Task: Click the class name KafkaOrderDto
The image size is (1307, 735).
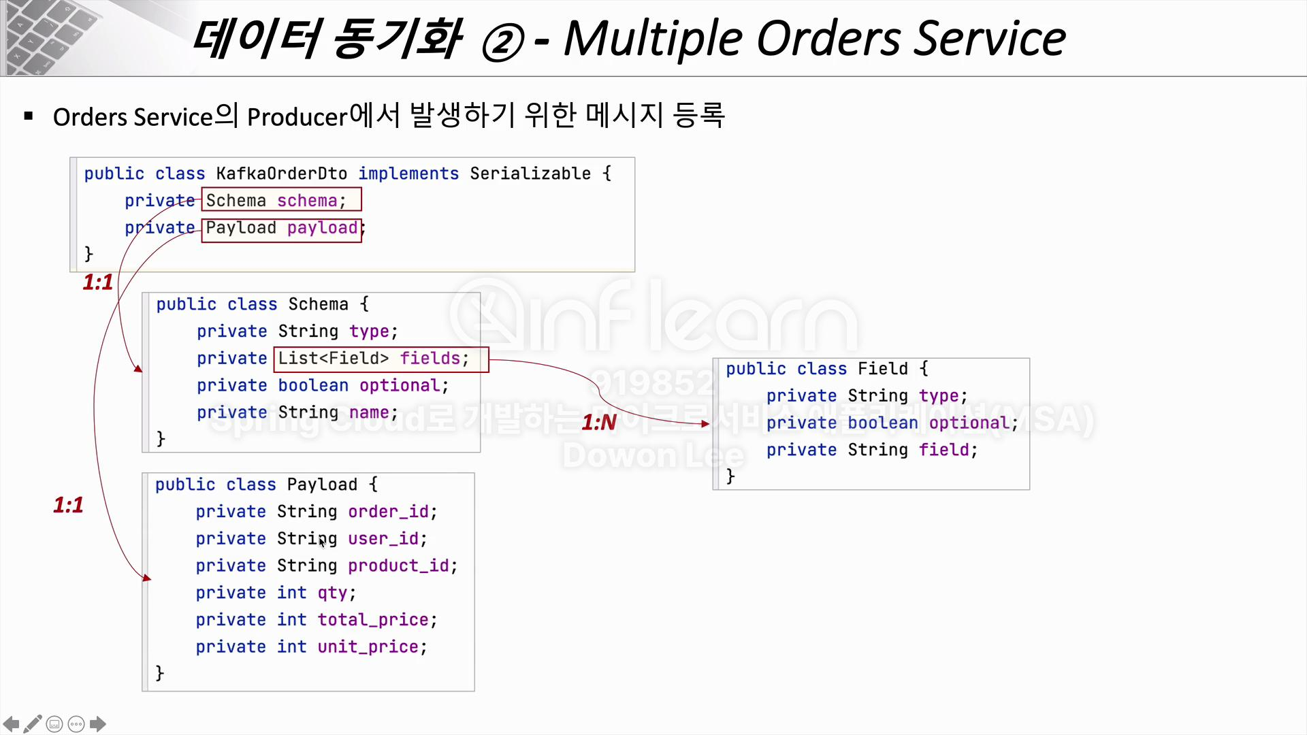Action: (281, 174)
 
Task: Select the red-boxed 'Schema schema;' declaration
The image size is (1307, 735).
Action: (281, 200)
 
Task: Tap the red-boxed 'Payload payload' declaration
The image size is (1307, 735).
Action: (281, 228)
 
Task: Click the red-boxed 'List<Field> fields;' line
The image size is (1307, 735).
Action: (381, 359)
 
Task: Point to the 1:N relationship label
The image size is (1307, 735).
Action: (599, 423)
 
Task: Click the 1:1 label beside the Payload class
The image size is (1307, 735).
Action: (68, 505)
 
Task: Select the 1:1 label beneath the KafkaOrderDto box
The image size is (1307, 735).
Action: (98, 282)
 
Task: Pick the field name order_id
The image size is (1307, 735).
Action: (388, 512)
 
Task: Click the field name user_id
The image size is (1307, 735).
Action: (383, 539)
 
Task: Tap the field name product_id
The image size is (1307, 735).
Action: (398, 566)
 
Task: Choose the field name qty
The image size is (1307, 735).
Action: (332, 593)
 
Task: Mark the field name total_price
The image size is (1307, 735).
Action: (373, 620)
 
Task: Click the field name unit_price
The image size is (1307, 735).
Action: (368, 647)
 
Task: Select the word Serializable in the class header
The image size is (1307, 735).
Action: (530, 174)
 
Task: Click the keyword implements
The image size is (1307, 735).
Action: (408, 174)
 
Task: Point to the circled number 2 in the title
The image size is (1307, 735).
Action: (502, 42)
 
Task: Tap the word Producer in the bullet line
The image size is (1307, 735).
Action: (297, 117)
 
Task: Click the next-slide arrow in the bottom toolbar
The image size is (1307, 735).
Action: (98, 724)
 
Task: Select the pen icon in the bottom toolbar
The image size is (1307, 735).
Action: (33, 724)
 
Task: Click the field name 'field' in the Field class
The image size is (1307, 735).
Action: (943, 450)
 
